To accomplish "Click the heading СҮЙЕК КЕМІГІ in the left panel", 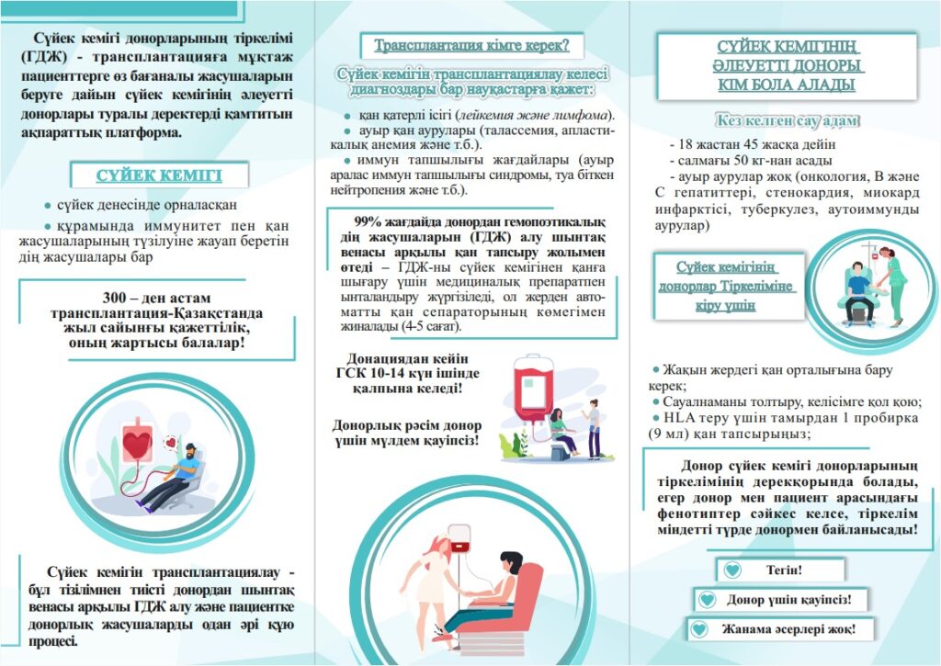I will (159, 175).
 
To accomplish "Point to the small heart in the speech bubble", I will (170, 442).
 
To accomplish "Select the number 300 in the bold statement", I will (118, 298).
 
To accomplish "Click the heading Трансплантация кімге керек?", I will (471, 45).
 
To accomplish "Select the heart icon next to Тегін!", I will (731, 570).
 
